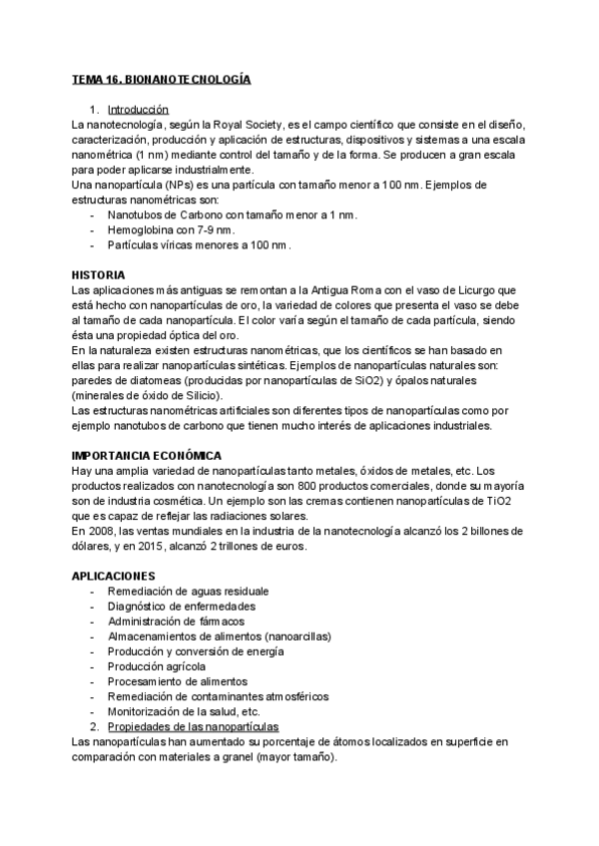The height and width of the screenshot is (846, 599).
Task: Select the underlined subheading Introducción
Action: point(138,110)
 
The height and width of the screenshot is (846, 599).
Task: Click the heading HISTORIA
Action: point(98,274)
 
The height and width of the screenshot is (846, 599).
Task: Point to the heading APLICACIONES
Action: point(114,577)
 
